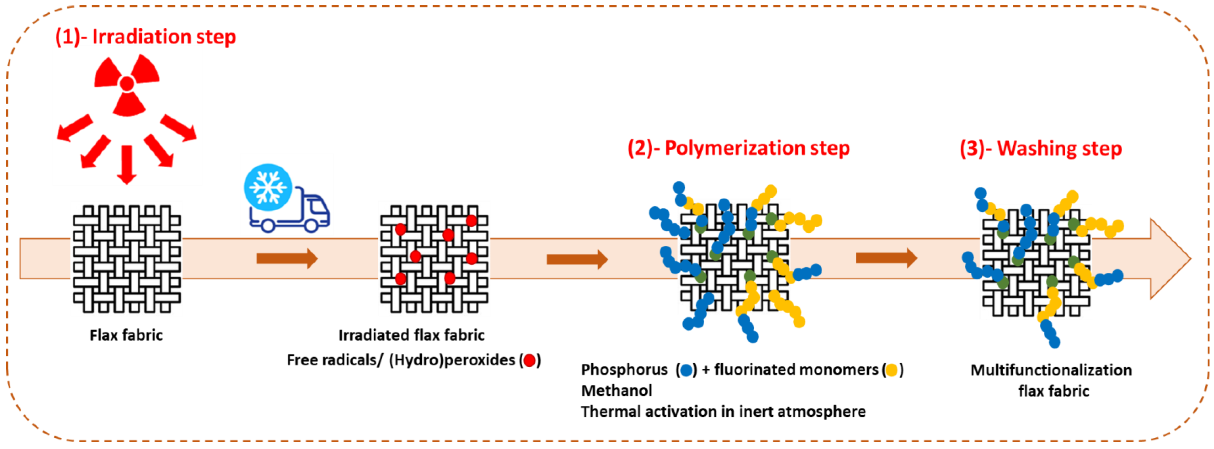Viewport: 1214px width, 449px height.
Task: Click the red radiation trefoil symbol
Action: click(127, 84)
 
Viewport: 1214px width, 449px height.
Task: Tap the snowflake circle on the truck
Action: click(268, 187)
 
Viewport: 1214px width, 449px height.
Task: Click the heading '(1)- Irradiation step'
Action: click(145, 37)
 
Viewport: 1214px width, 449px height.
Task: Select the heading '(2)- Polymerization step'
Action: click(738, 148)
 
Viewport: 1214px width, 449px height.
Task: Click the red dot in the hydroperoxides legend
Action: click(530, 361)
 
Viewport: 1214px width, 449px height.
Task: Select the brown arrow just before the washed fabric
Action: click(886, 258)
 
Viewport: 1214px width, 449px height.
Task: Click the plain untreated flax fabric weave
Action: click(126, 259)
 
